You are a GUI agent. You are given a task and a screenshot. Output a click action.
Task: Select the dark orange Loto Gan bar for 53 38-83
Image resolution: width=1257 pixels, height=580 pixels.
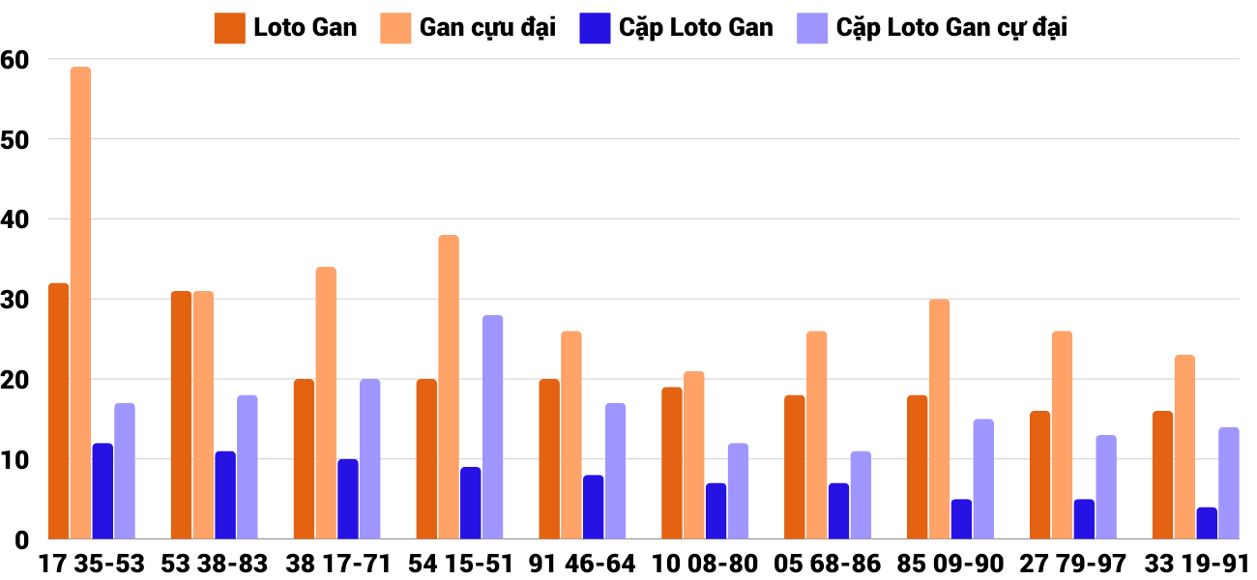pos(181,415)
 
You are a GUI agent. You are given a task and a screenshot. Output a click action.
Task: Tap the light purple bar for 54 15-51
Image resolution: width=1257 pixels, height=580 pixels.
pos(492,427)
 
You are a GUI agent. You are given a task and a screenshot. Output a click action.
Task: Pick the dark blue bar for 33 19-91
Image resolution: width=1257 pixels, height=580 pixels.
pos(1207,523)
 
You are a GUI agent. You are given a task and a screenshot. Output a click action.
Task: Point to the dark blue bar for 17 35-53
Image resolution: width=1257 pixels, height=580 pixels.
pos(102,491)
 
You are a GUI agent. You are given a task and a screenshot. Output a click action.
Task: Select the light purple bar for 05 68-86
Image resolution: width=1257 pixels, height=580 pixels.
pos(861,495)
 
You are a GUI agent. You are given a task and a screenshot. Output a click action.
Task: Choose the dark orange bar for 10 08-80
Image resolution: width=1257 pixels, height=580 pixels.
pos(672,463)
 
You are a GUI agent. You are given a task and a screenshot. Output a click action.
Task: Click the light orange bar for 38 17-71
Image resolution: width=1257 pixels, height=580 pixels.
pos(326,403)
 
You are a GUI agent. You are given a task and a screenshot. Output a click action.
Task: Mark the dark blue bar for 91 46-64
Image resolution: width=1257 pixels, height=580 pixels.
pos(594,507)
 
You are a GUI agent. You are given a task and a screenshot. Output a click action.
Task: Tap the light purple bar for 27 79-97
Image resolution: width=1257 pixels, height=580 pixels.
pos(1106,487)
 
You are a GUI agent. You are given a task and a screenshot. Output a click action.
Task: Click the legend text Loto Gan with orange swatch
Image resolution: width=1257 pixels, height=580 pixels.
pos(305,28)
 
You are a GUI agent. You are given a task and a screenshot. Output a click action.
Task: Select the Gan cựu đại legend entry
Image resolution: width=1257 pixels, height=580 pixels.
pos(487,28)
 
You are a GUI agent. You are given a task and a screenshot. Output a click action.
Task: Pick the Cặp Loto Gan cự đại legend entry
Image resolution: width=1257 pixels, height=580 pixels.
pos(951,28)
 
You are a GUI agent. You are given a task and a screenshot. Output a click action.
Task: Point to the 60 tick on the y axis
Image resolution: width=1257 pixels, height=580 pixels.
pos(15,59)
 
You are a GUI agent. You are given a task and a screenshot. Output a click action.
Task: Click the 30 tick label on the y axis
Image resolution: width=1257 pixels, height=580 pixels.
pos(15,300)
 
